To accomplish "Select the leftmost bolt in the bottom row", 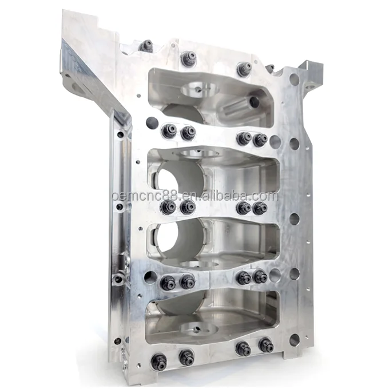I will coord(160,361).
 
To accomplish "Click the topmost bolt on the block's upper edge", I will coord(146,46).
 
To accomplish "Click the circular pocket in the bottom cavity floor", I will coord(197,328).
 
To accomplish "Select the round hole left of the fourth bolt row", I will coord(150,277).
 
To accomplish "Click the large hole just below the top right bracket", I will coord(293,80).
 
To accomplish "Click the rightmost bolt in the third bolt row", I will coord(260,208).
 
